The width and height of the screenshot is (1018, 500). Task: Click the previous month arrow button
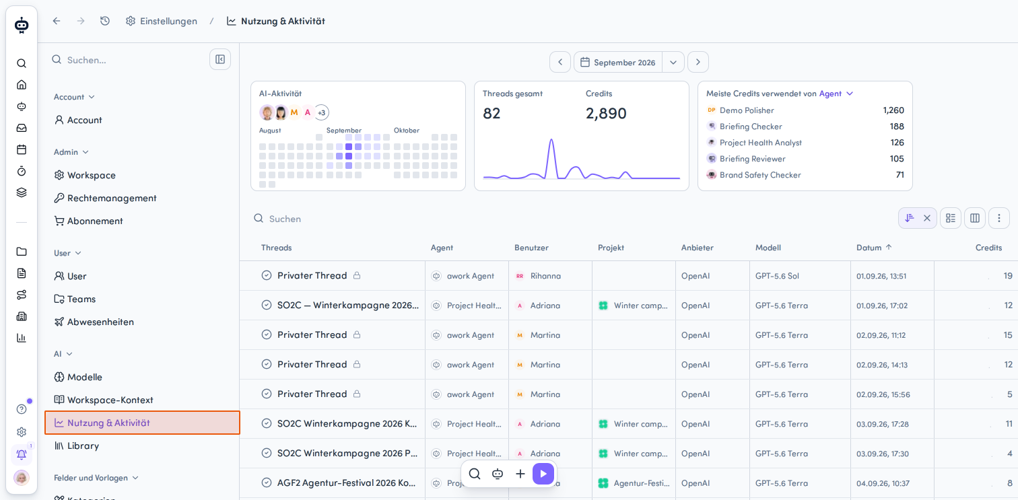coord(560,62)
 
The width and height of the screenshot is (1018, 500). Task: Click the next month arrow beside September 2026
coord(698,62)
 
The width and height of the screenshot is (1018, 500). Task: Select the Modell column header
coord(768,248)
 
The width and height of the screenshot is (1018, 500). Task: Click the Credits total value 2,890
coord(606,113)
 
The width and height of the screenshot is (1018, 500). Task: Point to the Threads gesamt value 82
coord(491,113)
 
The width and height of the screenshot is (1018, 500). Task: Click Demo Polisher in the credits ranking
coord(747,110)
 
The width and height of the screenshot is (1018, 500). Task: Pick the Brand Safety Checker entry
coord(760,175)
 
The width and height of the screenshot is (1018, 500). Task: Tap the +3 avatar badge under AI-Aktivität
coord(321,112)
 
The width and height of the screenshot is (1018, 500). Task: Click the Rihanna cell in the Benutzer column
coord(545,276)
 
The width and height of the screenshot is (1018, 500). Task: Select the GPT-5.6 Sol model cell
coord(777,276)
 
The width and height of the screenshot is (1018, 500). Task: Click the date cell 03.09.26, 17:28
coord(883,424)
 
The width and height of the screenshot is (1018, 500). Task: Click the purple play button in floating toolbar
coord(543,474)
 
